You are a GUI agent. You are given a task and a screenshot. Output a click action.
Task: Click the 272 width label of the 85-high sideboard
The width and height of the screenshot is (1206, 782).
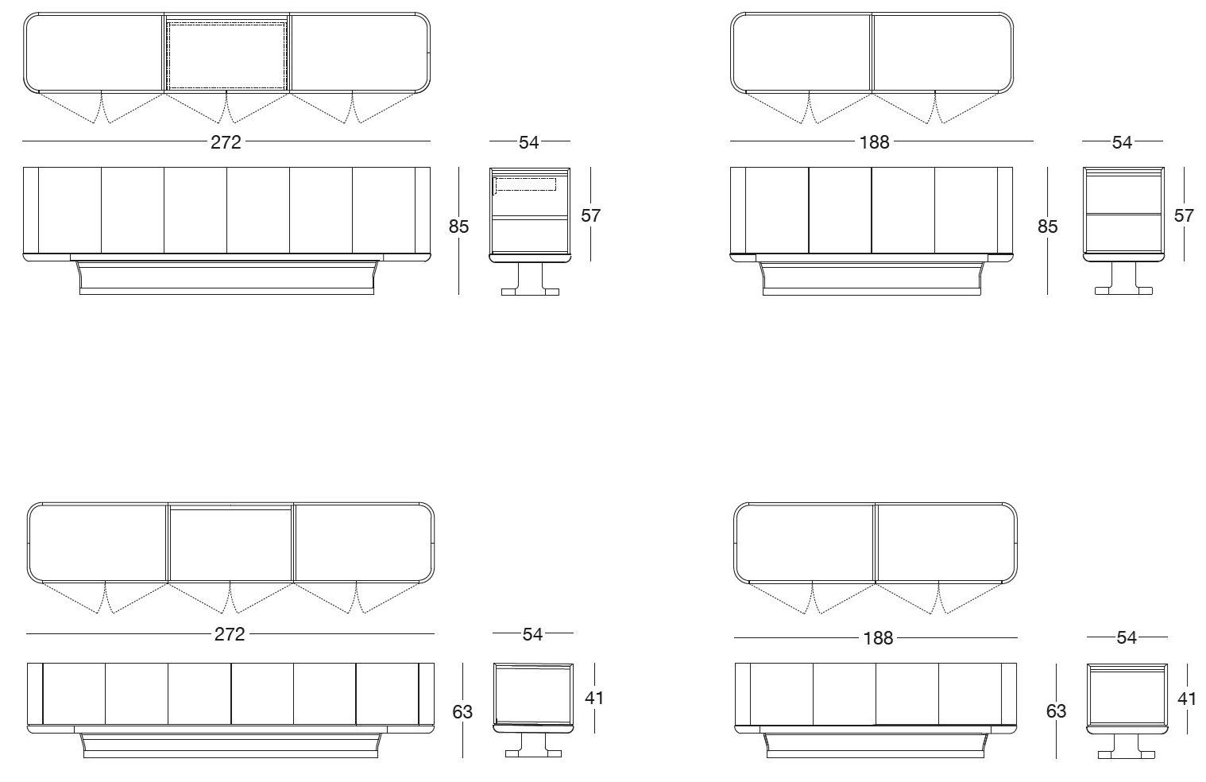[x=226, y=142]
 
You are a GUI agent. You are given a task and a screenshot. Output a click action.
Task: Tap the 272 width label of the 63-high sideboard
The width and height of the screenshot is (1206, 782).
[x=230, y=634]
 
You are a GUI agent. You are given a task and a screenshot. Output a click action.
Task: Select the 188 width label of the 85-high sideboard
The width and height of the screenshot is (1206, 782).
[x=875, y=142]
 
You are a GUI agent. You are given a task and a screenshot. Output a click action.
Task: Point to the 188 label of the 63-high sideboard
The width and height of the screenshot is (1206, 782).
[x=878, y=638]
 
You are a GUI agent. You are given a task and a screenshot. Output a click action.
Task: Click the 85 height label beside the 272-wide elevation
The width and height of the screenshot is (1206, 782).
[x=458, y=226]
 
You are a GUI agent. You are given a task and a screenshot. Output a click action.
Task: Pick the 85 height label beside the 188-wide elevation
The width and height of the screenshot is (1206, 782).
[x=1048, y=226]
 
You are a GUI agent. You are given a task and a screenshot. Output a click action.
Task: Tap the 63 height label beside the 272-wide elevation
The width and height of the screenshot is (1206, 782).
[x=462, y=712]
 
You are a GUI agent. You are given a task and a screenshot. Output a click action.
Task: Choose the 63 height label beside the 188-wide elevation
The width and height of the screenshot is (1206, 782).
[x=1057, y=711]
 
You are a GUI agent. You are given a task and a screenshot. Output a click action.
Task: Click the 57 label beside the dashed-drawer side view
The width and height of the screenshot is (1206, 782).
[x=590, y=215]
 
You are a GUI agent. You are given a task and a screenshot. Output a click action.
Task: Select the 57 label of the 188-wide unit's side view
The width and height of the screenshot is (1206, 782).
[x=1184, y=215]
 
